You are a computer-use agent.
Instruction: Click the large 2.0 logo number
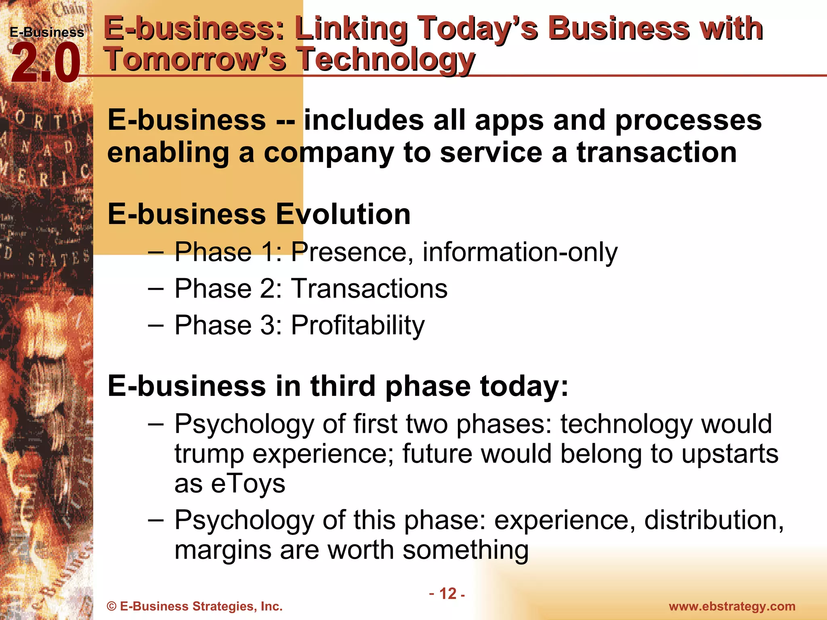tap(45, 64)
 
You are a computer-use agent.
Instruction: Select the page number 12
tap(447, 593)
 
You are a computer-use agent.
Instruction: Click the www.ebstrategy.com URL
tap(732, 606)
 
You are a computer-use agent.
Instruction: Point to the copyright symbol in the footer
tap(111, 607)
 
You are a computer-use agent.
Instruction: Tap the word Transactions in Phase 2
tap(369, 289)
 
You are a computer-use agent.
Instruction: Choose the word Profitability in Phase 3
tap(357, 325)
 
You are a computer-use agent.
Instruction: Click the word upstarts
tap(730, 454)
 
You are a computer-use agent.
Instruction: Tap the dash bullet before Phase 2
tap(156, 289)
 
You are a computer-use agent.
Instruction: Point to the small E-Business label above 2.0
tap(47, 32)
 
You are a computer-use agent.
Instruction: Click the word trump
tap(209, 455)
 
